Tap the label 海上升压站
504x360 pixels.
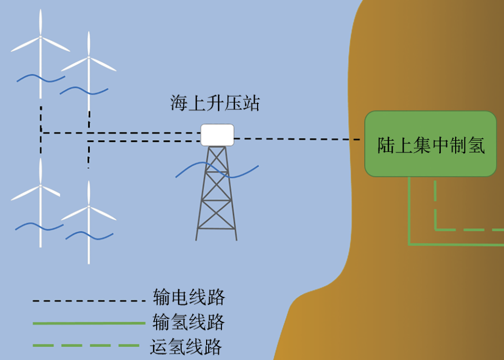(215, 103)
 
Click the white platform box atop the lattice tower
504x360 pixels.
(217, 134)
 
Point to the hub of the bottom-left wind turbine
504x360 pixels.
(40, 186)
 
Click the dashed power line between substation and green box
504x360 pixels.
(297, 139)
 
